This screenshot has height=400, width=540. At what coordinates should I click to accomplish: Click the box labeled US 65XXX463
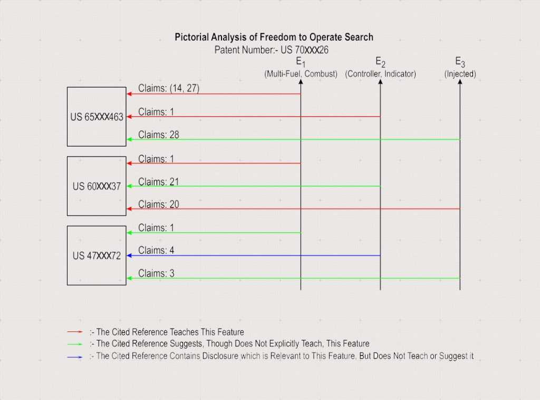pos(97,116)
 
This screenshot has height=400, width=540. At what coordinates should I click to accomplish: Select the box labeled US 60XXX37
pos(97,186)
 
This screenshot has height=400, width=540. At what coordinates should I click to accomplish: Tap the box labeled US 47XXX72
pos(97,256)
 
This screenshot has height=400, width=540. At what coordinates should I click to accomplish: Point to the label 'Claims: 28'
pos(159,135)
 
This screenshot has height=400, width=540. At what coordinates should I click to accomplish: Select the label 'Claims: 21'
pos(159,182)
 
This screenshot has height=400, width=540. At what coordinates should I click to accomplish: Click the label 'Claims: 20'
pos(159,204)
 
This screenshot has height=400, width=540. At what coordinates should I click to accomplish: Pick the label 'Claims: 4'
pos(156,251)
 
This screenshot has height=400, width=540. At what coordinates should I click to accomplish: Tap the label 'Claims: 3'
pos(156,274)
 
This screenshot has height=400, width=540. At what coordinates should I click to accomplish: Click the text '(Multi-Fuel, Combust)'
pos(301,74)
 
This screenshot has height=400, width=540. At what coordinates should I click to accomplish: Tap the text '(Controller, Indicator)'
pos(381,74)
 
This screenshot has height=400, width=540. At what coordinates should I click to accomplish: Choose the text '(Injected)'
pos(460,74)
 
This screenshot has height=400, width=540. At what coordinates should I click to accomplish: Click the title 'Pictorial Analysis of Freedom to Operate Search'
pos(274,37)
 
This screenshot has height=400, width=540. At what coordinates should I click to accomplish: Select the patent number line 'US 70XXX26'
pos(272,50)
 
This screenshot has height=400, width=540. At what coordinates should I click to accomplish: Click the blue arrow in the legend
pos(75,357)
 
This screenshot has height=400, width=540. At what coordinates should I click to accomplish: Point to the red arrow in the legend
pos(75,332)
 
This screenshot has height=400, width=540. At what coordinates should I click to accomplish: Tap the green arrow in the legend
pos(75,344)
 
